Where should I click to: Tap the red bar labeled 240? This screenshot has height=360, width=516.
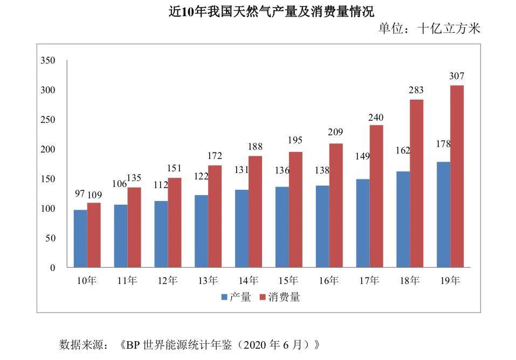(x=376, y=196)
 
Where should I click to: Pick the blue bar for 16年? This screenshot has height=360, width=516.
(x=322, y=226)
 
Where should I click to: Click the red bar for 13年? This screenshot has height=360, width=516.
(x=215, y=216)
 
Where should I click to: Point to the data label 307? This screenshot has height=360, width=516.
(x=457, y=76)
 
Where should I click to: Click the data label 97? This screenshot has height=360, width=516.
(x=80, y=193)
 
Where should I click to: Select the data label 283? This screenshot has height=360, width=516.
(x=416, y=90)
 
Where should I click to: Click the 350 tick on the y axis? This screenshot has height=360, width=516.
(x=48, y=60)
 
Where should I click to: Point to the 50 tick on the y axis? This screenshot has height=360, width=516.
(x=50, y=238)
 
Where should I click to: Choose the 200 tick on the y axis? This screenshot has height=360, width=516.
(x=48, y=149)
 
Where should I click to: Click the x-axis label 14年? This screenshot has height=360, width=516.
(x=248, y=280)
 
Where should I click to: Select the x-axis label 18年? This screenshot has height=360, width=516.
(x=410, y=280)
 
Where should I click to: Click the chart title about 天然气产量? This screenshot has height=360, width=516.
(x=271, y=12)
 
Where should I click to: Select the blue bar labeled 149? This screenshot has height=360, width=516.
(x=363, y=223)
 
